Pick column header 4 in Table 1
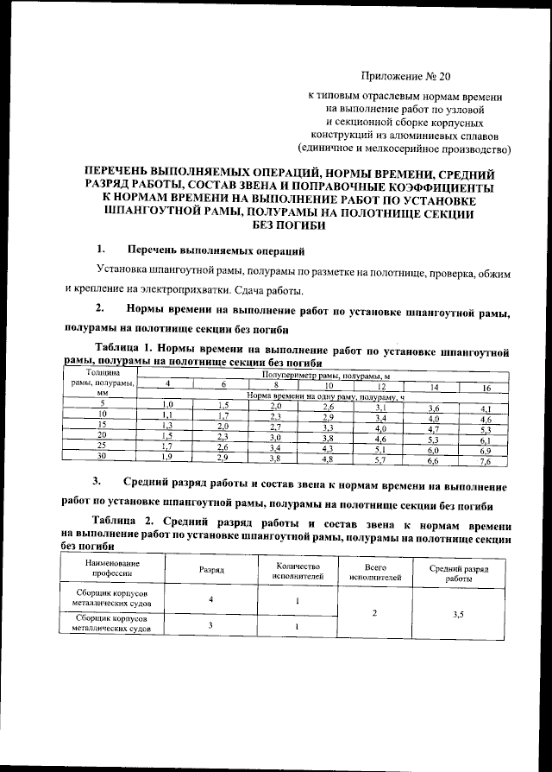(x=167, y=385)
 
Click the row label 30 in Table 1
(x=102, y=455)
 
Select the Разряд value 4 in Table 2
(x=211, y=599)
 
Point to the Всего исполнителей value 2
(x=373, y=614)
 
